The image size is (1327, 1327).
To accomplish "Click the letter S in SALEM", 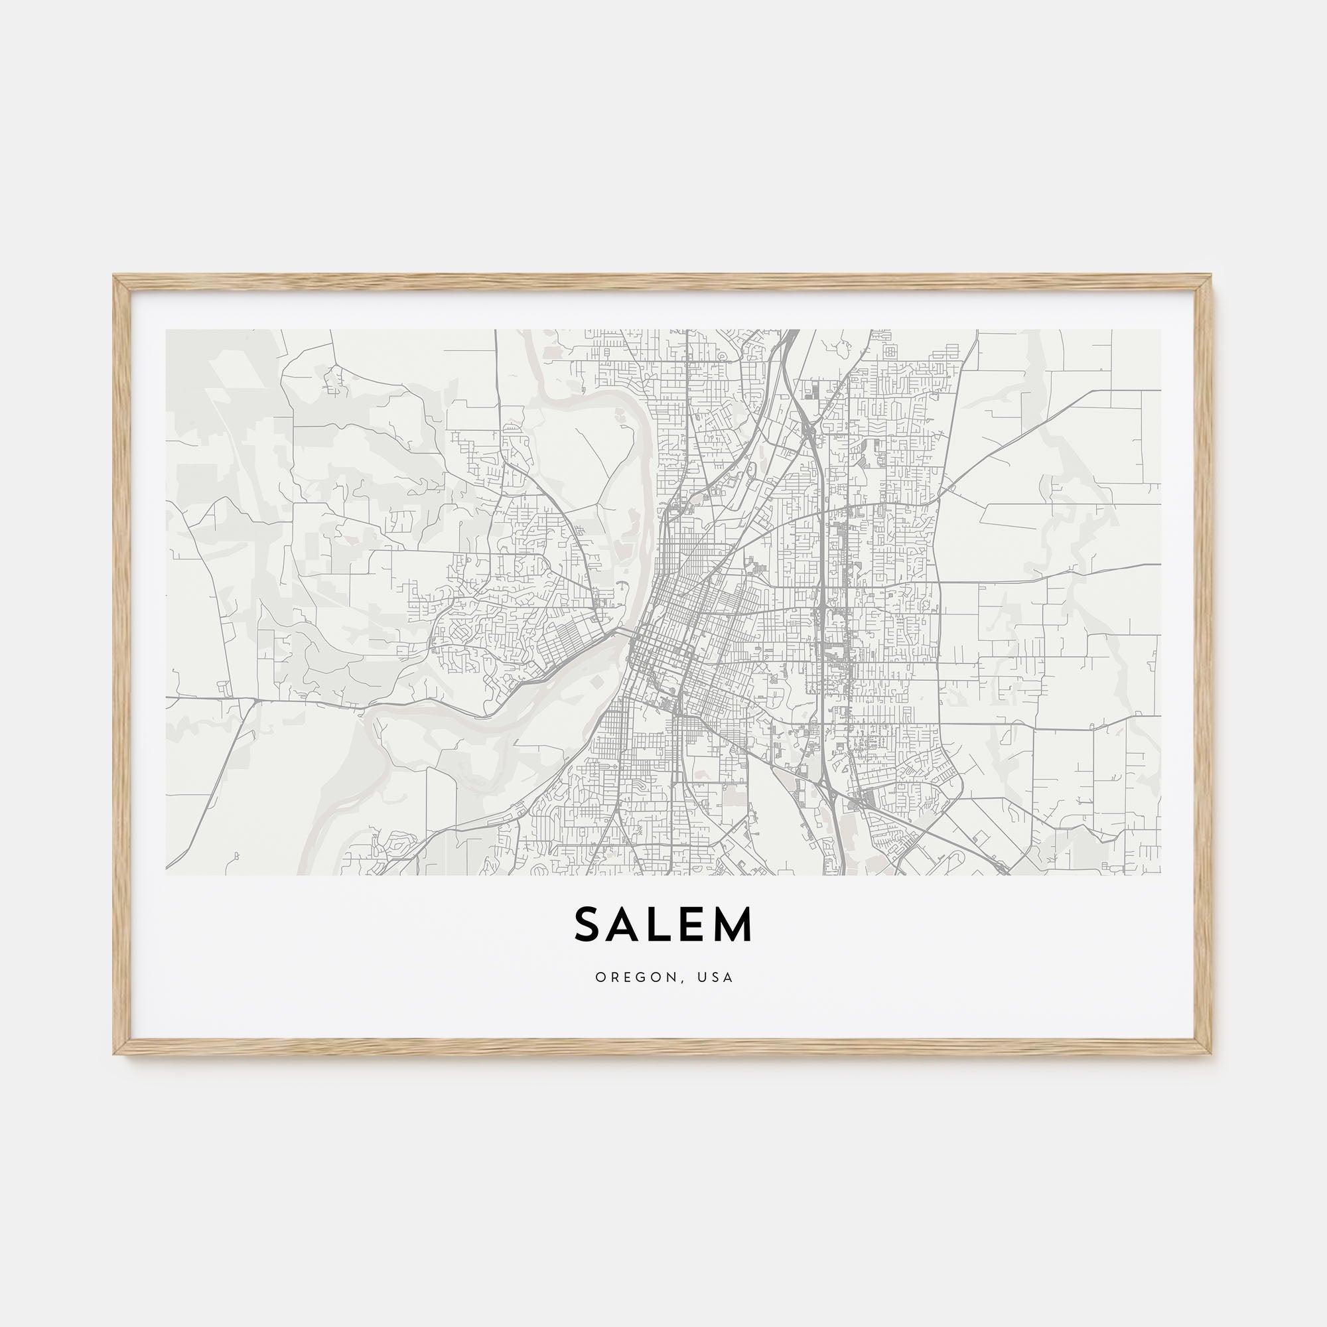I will [588, 925].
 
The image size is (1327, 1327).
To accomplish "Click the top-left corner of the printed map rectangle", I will [167, 330].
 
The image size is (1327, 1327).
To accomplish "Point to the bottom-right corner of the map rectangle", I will [1160, 875].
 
